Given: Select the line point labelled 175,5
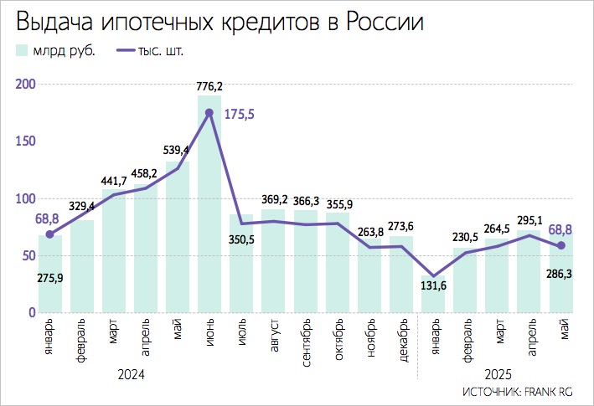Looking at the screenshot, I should [209, 112].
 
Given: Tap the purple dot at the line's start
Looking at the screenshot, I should [50, 234].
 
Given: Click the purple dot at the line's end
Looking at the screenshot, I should [561, 245].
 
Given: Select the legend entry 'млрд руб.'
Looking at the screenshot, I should [55, 50].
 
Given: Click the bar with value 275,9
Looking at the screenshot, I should [50, 276].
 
